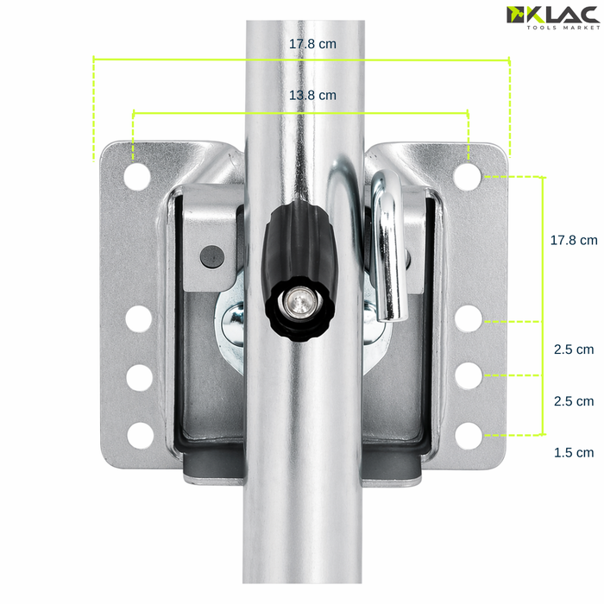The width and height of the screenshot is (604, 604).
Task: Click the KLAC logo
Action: point(553,17)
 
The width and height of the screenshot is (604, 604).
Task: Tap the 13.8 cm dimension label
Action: point(312,95)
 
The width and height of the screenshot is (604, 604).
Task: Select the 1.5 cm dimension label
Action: point(574,452)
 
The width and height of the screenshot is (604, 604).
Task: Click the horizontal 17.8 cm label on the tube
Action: point(312,44)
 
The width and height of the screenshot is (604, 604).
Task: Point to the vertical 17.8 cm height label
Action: point(574,241)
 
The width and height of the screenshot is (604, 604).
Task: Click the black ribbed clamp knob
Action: point(299,269)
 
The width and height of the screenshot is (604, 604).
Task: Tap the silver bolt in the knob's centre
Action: point(299,302)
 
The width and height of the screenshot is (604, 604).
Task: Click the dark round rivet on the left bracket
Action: point(212,256)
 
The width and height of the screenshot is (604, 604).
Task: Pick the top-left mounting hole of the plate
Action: point(137,176)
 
